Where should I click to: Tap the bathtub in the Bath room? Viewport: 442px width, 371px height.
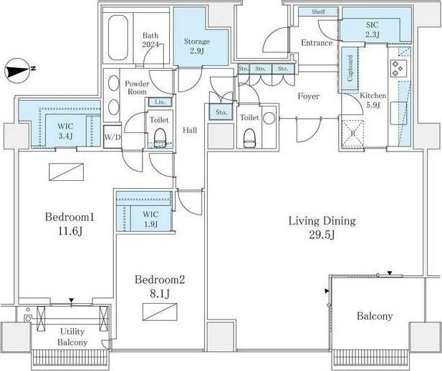click(117, 37)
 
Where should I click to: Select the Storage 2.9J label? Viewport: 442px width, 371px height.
click(197, 46)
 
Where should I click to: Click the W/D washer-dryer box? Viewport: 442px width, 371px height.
click(112, 137)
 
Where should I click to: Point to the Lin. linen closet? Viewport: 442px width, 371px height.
click(160, 102)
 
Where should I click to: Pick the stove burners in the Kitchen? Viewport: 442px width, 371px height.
click(398, 68)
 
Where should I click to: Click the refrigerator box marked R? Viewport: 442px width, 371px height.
click(352, 134)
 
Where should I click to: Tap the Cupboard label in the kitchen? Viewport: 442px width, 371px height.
click(350, 69)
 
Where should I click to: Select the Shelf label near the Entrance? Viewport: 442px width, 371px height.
click(319, 12)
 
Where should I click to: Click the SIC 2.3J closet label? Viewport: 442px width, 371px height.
click(373, 29)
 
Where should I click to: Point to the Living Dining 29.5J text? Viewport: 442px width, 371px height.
click(322, 227)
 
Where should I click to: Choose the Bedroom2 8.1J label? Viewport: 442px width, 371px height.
click(160, 287)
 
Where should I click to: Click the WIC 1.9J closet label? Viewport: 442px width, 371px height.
click(150, 219)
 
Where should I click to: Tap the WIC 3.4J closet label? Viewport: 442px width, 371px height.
click(66, 131)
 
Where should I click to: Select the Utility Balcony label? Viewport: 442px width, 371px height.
click(72, 337)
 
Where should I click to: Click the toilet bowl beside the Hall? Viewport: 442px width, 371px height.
click(160, 137)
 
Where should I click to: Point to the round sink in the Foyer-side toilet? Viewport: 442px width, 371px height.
click(269, 119)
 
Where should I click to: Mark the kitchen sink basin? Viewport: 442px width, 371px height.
click(398, 113)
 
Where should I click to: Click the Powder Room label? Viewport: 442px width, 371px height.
click(138, 87)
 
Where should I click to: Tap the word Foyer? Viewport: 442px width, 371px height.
click(308, 97)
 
